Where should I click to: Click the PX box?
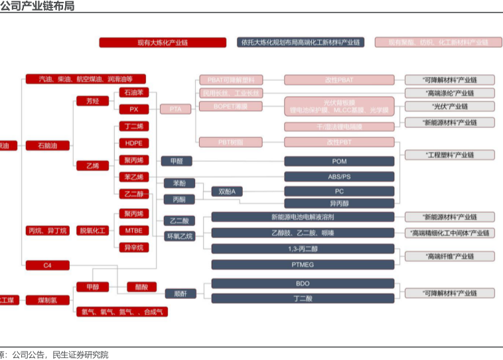pyautogui.click(x=133, y=109)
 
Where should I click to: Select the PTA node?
pyautogui.click(x=175, y=109)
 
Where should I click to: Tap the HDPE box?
pyautogui.click(x=133, y=143)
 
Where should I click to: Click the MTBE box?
pyautogui.click(x=133, y=231)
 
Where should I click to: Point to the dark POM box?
pyautogui.click(x=339, y=161)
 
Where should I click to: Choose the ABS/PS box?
pyautogui.click(x=339, y=176)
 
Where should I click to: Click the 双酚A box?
pyautogui.click(x=227, y=192)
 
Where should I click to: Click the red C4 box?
pyautogui.click(x=47, y=265)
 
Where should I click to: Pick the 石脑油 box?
pyautogui.click(x=47, y=145)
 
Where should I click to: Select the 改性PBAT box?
pyautogui.click(x=339, y=80)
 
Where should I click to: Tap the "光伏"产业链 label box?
pyautogui.click(x=449, y=106)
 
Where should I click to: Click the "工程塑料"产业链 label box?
pyautogui.click(x=449, y=155)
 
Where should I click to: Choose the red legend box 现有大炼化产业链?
pyautogui.click(x=163, y=42)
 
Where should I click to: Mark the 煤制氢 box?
pyautogui.click(x=47, y=300)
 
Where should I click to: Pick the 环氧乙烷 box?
pyautogui.click(x=180, y=236)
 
